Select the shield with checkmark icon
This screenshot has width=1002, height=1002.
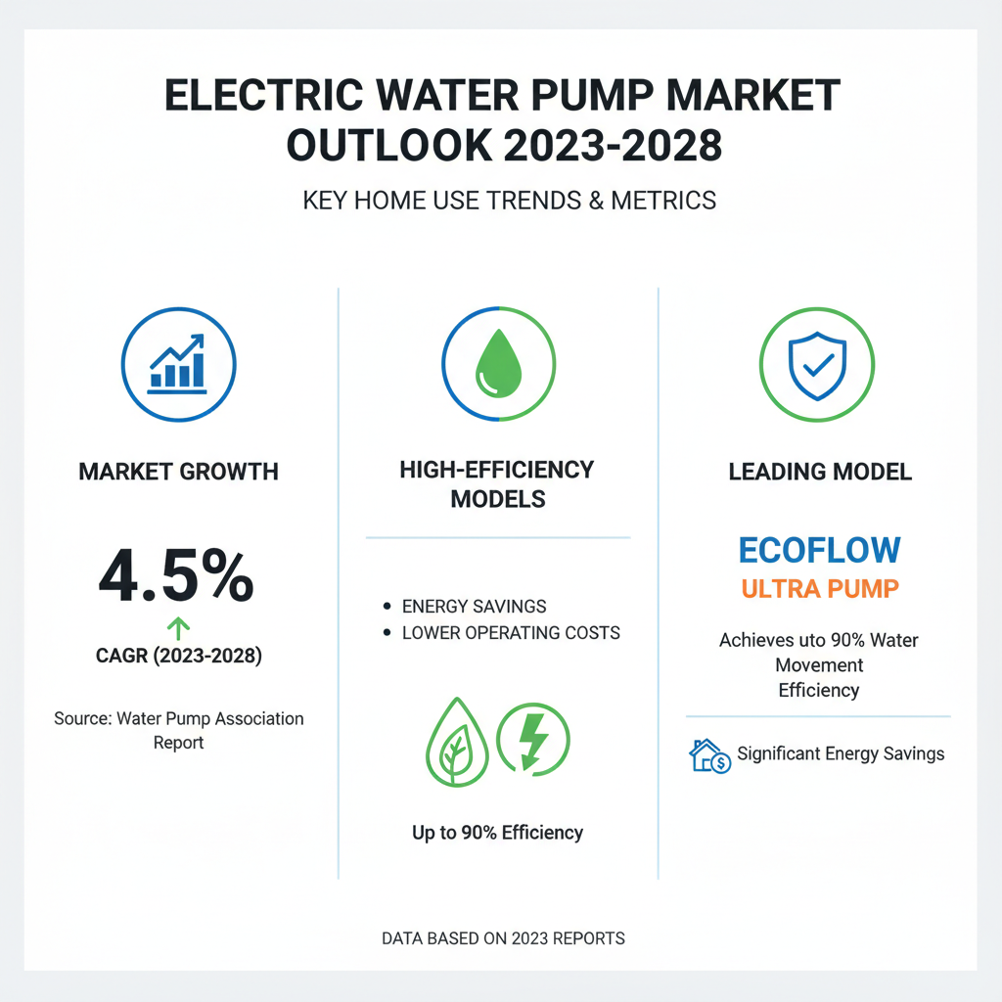(x=818, y=361)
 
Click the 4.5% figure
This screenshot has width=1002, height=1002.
(x=176, y=576)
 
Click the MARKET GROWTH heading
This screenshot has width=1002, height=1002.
(x=178, y=472)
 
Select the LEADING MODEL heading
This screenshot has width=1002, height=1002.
(x=820, y=472)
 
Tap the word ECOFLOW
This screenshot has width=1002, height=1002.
(x=819, y=549)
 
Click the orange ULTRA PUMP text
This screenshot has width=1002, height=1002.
(x=819, y=589)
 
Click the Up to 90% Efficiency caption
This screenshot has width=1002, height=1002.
(x=497, y=833)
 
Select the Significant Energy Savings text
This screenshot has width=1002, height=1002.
(x=841, y=753)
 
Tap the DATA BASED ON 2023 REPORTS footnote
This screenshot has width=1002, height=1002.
(x=503, y=938)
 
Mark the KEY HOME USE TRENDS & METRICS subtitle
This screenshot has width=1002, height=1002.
(x=509, y=202)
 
